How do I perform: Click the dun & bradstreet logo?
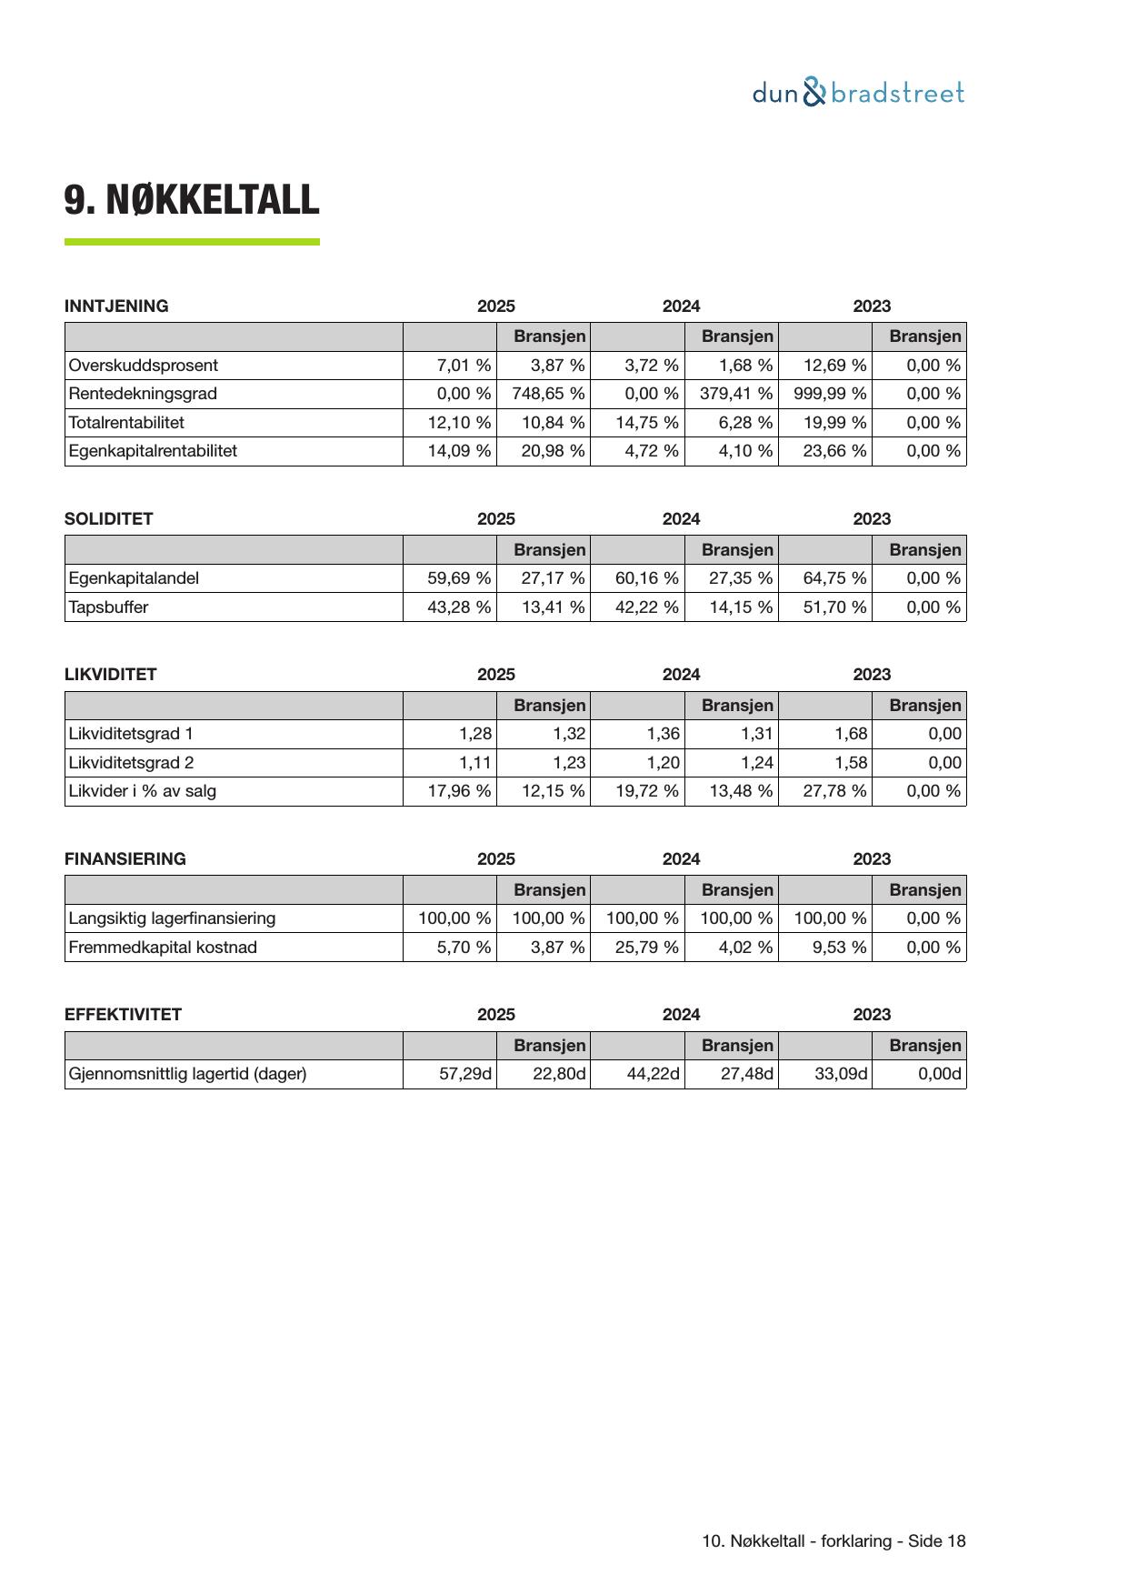click(858, 93)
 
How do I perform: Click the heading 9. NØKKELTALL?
click(192, 200)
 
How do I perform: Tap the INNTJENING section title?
click(116, 306)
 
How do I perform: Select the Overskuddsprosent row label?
click(144, 366)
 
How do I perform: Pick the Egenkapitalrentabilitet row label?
click(153, 451)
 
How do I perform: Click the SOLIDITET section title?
click(109, 519)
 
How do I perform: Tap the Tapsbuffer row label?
click(108, 607)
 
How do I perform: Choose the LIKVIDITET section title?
click(111, 675)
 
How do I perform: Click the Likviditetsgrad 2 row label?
click(131, 763)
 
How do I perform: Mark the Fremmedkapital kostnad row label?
click(163, 948)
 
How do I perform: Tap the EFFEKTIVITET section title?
click(123, 1015)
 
